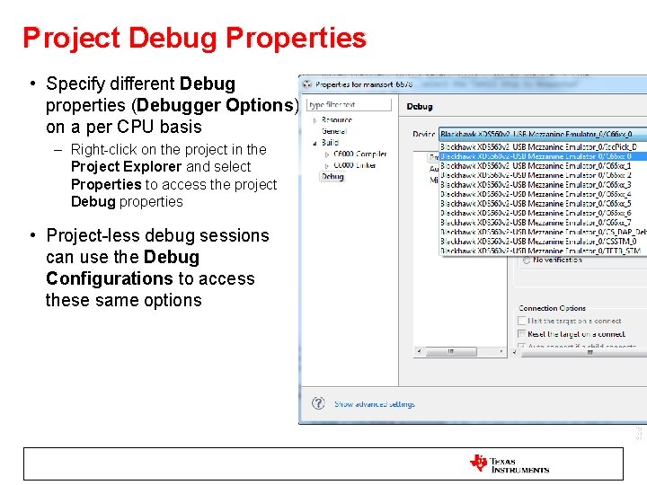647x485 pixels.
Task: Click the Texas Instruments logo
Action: point(509,464)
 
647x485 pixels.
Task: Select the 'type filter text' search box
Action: point(350,105)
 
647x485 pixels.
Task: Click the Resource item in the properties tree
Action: point(337,119)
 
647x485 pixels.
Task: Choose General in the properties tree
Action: point(335,130)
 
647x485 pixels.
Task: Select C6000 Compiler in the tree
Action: point(359,154)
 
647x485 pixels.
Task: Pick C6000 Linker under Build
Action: point(354,165)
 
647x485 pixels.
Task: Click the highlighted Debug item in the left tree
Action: point(332,177)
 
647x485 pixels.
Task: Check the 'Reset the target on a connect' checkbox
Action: point(522,334)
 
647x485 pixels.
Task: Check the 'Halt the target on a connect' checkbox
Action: point(522,321)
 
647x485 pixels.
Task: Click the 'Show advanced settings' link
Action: point(375,404)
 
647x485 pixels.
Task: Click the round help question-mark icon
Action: point(317,404)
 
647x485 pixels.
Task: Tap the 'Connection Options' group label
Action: point(552,308)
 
